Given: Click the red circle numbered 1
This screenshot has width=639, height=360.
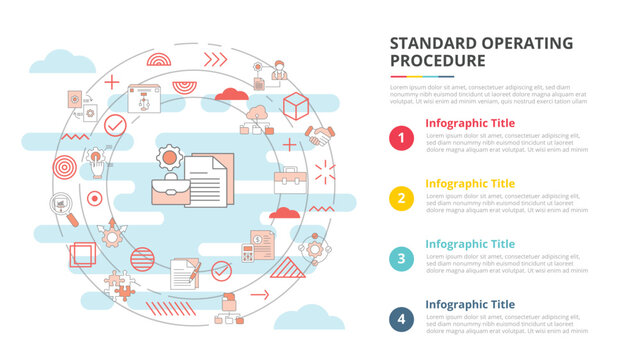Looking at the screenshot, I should [401, 138].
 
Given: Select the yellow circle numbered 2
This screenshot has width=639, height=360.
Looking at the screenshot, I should [401, 197].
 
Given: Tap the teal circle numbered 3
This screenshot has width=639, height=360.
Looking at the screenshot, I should [401, 258].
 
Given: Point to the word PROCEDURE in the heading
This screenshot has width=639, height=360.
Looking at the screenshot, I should [437, 60].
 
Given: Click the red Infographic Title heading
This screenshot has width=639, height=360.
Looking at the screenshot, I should [470, 124].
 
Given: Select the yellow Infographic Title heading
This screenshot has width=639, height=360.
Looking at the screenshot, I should [470, 184].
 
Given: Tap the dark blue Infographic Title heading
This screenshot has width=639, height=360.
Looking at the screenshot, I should [470, 304].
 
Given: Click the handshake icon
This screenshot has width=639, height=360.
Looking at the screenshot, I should [320, 136].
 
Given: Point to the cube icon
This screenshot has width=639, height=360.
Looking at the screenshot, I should [295, 104].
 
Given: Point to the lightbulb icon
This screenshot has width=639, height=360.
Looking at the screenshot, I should [96, 159].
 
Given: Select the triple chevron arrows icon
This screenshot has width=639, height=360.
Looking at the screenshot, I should [216, 59].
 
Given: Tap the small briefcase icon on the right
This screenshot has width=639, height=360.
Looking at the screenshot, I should [289, 178].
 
